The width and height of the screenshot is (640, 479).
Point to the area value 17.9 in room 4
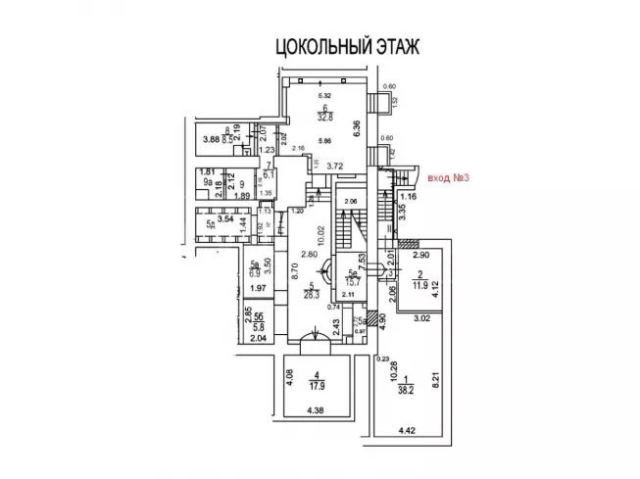[x=318, y=384]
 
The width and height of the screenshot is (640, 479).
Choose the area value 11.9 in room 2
[x=418, y=285]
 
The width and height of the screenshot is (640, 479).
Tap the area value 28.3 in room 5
[x=313, y=290]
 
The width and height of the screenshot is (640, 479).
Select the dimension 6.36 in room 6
[x=358, y=127]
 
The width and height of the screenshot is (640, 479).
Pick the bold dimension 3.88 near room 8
[x=210, y=139]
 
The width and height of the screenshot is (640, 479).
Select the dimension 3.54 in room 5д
[x=226, y=219]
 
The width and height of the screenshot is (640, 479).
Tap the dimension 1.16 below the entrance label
[x=411, y=197]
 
